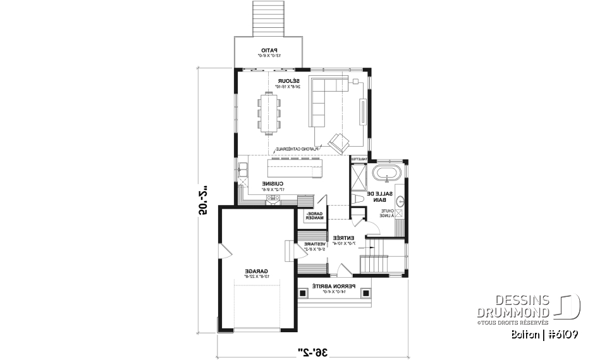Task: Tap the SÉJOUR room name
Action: click(x=288, y=82)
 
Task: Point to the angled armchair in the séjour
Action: click(x=338, y=142)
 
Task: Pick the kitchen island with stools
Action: click(x=293, y=169)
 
